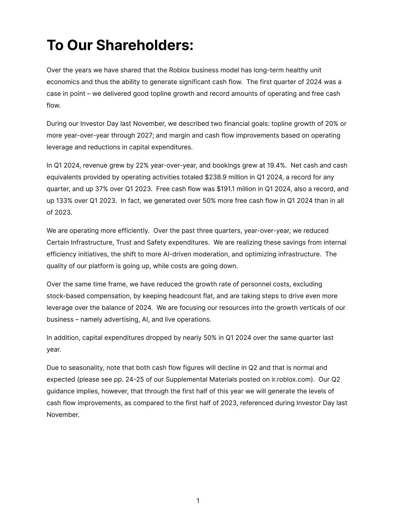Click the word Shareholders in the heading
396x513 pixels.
tap(145, 45)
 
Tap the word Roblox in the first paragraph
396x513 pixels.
tap(179, 70)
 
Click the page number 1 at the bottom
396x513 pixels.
tap(198, 501)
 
